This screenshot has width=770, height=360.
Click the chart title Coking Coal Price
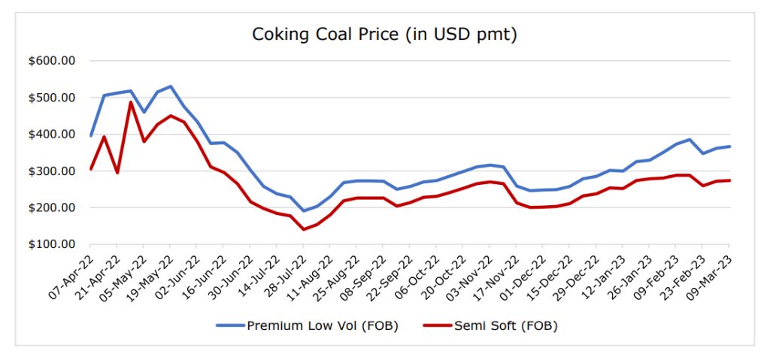[x=384, y=35]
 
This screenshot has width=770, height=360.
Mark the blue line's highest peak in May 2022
[x=171, y=86]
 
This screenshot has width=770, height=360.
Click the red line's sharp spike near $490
[x=130, y=102]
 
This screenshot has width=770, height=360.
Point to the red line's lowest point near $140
[x=304, y=229]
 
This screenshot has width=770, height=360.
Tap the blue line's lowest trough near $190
[x=304, y=210]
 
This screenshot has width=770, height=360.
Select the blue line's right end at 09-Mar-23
[x=729, y=147]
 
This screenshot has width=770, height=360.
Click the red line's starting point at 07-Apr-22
[x=90, y=169]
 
